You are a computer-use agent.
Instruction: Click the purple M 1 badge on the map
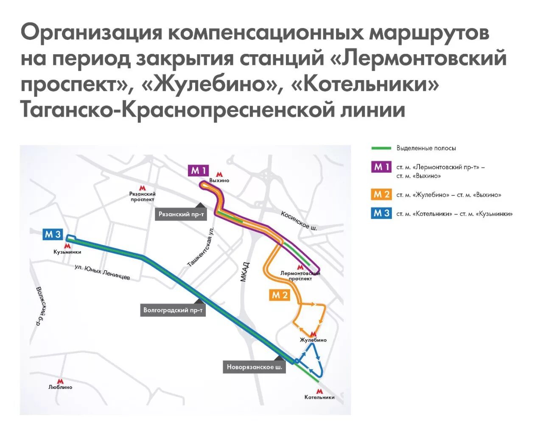tap(198, 170)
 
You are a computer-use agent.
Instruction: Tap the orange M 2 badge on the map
tap(280, 295)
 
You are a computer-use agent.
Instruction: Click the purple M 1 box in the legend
tap(381, 167)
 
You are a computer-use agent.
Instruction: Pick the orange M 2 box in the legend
tap(381, 195)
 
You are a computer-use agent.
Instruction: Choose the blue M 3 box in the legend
tap(381, 213)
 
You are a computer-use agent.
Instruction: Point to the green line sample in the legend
tap(381, 148)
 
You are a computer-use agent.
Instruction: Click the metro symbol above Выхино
tap(219, 174)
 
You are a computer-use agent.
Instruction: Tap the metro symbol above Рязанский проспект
tap(143, 187)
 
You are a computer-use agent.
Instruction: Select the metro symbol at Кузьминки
tap(67, 246)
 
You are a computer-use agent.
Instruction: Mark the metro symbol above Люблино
tap(60, 381)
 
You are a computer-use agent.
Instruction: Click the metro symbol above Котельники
tap(319, 391)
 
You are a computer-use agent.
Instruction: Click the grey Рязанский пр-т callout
tap(181, 214)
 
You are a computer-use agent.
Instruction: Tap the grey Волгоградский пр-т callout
tap(173, 310)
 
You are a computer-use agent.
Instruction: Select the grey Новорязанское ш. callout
tap(254, 367)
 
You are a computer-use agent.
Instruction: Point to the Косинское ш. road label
tap(299, 221)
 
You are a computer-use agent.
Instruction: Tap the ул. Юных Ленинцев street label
tap(102, 272)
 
